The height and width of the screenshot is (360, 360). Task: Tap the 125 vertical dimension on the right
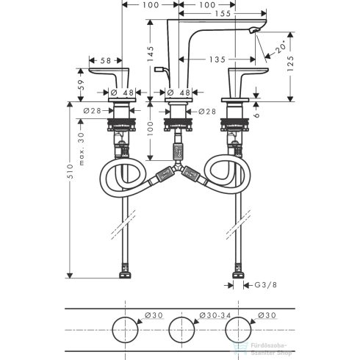click(290, 64)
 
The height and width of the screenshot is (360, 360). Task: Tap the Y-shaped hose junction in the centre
click(180, 175)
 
